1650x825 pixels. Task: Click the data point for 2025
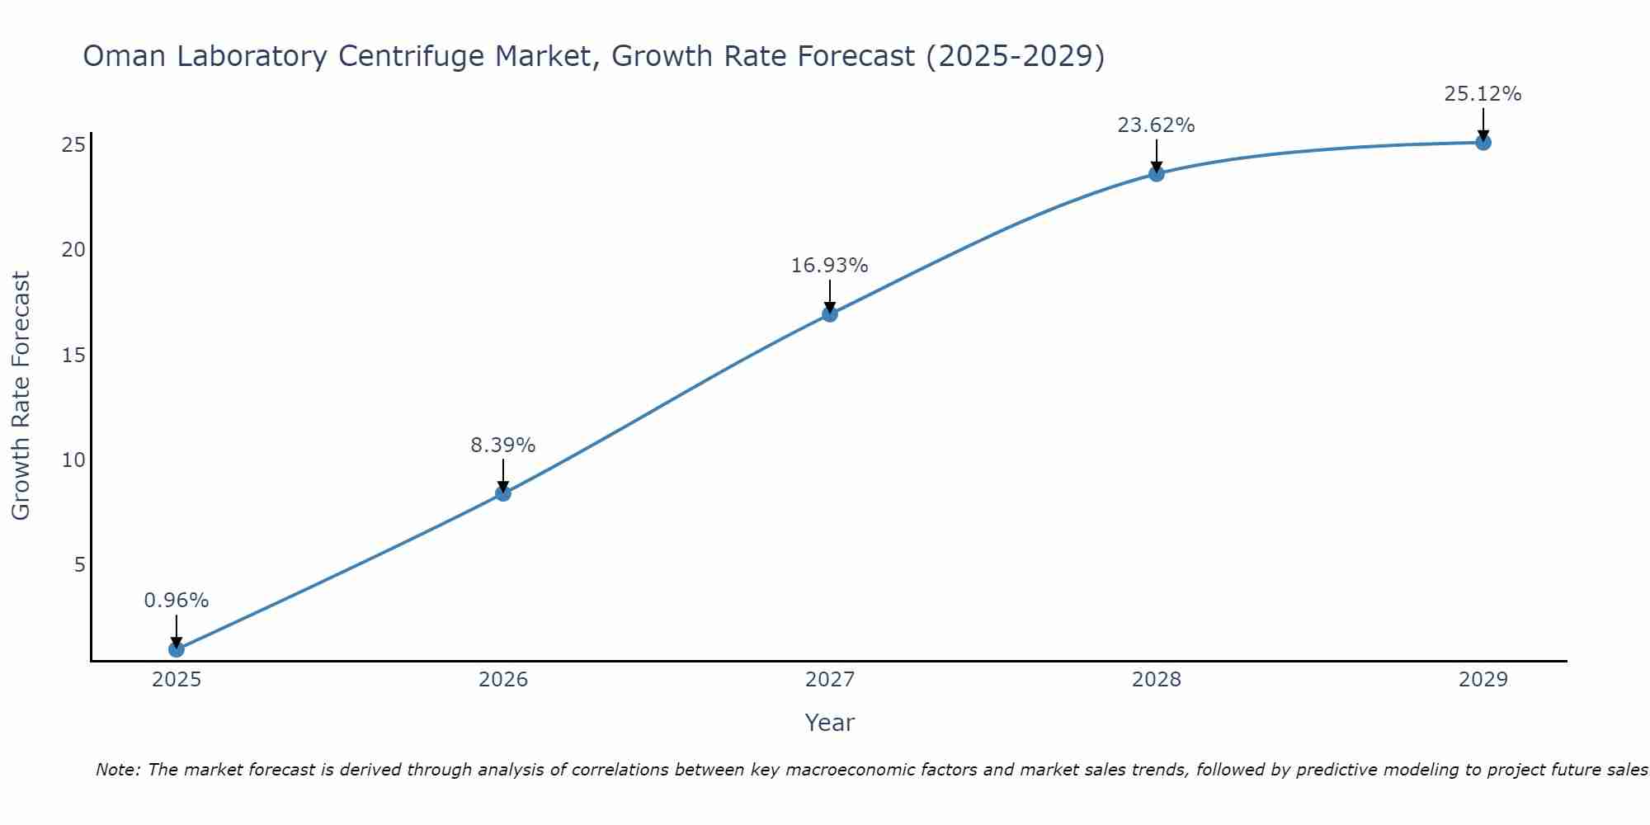[177, 649]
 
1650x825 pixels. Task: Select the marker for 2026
[503, 493]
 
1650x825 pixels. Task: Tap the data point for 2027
[830, 313]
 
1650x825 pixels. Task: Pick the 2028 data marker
[1157, 173]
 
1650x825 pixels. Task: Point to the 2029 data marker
[1483, 142]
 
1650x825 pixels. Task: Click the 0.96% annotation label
[177, 601]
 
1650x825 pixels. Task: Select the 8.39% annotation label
[503, 445]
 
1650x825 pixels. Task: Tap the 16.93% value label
[830, 266]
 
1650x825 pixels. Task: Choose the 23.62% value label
[1157, 125]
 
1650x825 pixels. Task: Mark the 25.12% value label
[1483, 94]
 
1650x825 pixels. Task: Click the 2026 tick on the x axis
[503, 680]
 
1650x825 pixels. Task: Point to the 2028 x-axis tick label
[1157, 680]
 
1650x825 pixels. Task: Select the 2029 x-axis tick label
[1483, 680]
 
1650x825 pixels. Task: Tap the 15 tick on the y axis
[74, 355]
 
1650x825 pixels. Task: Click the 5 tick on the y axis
[80, 565]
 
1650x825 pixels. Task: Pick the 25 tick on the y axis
[74, 145]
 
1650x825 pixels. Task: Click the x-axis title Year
[830, 723]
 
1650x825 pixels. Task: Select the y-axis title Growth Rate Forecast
[21, 396]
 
